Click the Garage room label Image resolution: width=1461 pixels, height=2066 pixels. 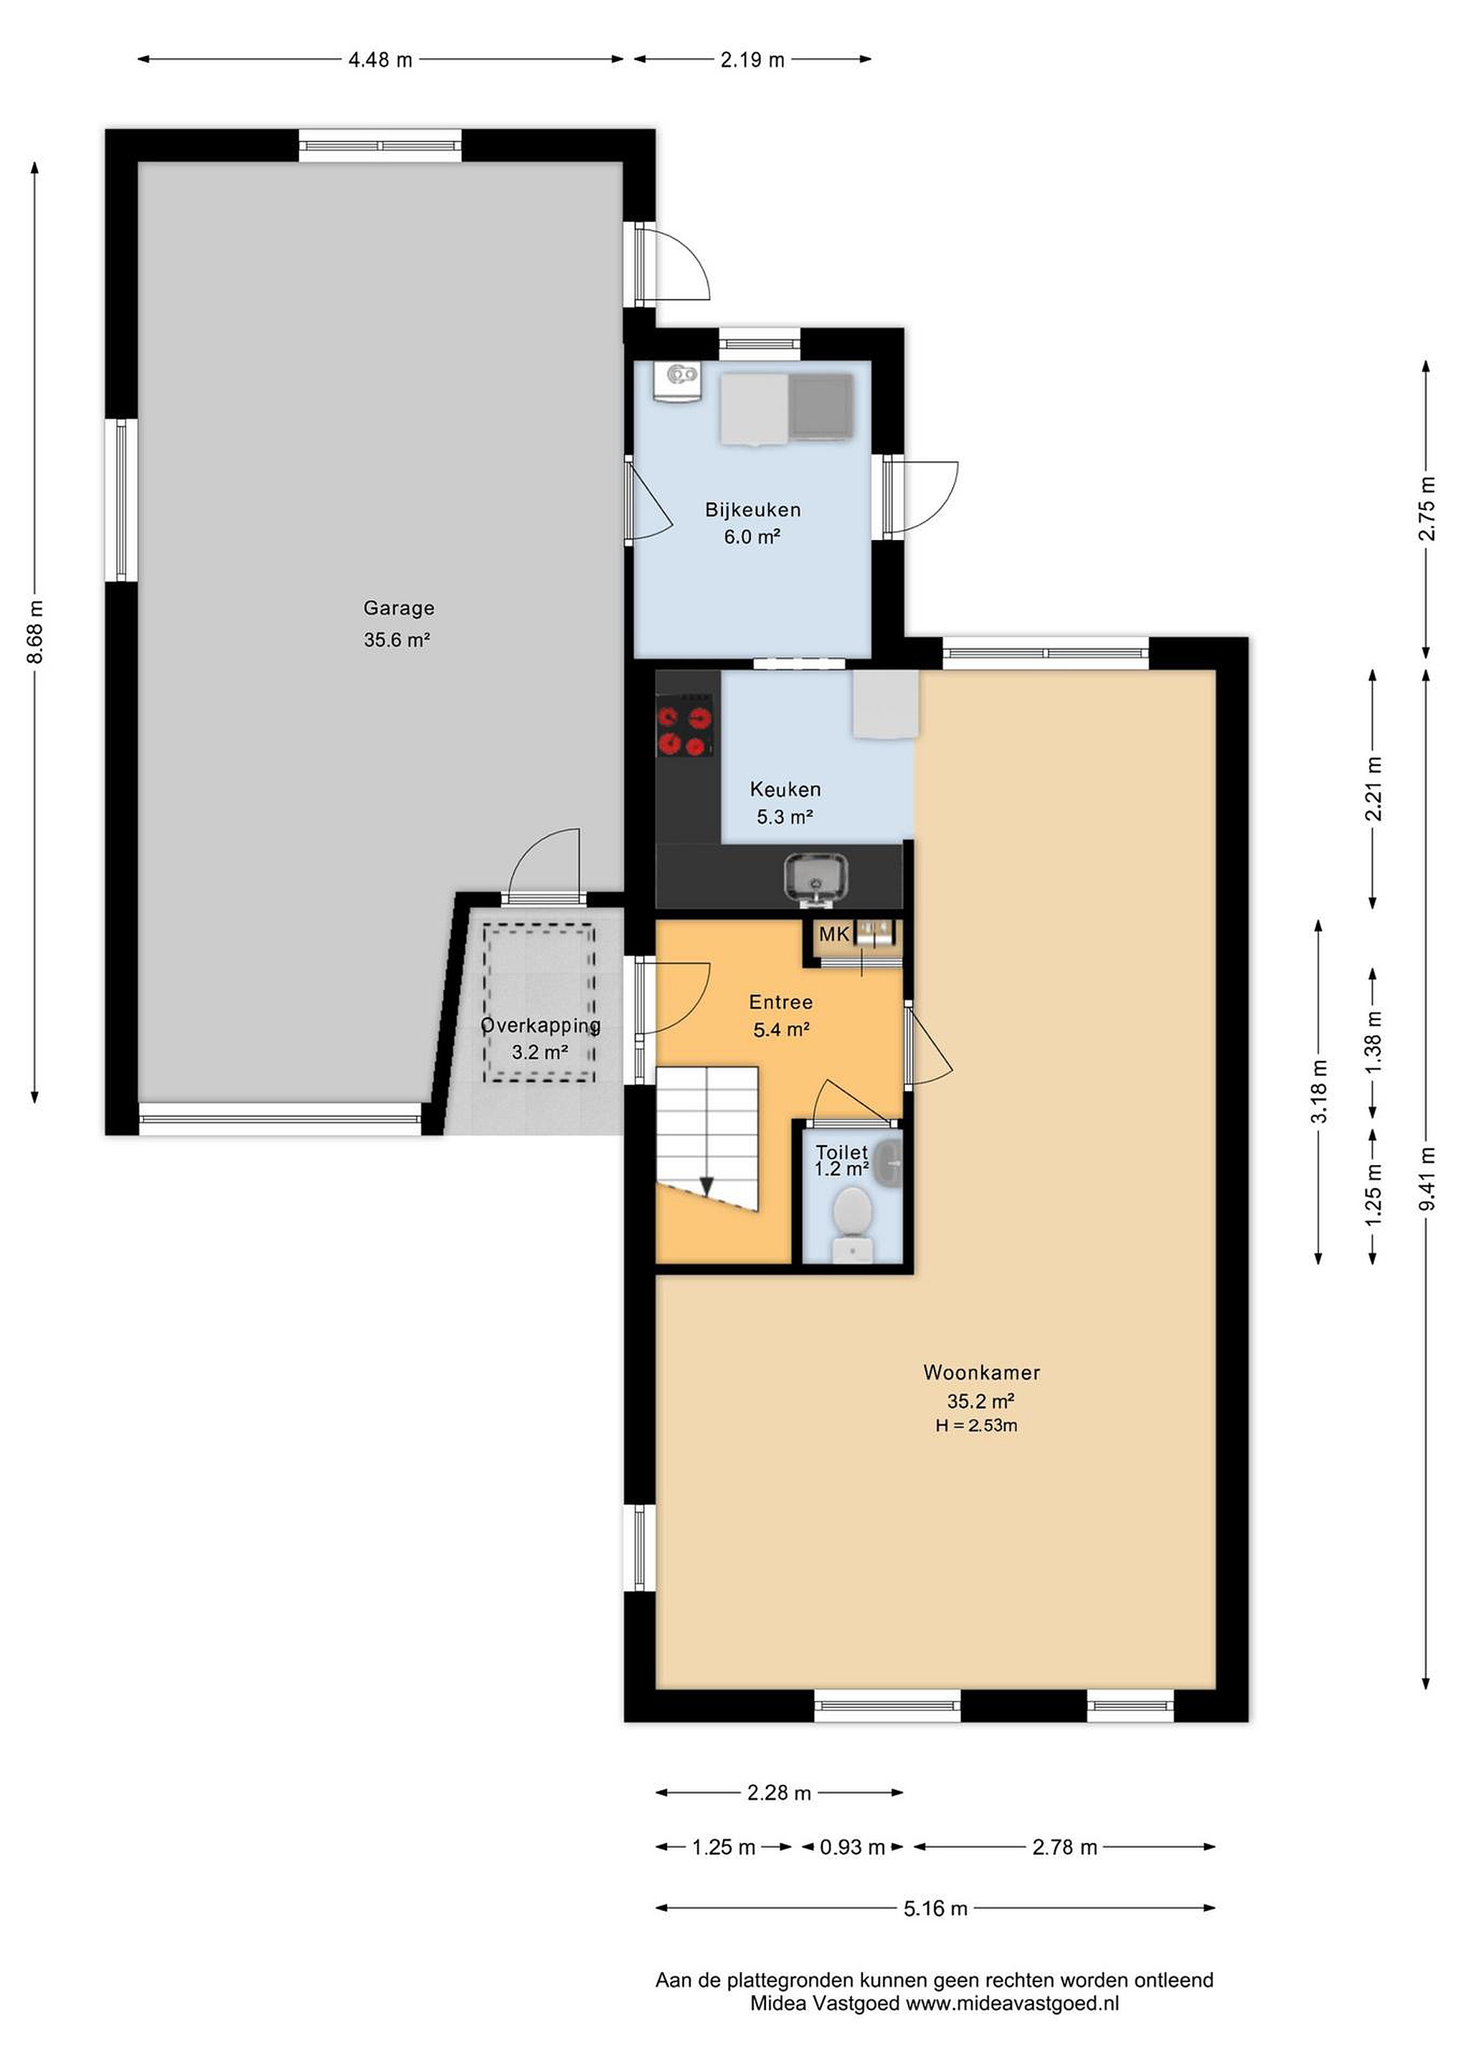pyautogui.click(x=399, y=608)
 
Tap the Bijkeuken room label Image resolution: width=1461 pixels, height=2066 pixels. pyautogui.click(x=752, y=509)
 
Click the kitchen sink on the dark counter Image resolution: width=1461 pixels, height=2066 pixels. pyautogui.click(x=815, y=877)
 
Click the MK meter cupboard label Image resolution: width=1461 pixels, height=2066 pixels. pyautogui.click(x=833, y=934)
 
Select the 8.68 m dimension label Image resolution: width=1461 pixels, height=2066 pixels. pyautogui.click(x=36, y=632)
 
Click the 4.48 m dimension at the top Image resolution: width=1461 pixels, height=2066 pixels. pyautogui.click(x=381, y=60)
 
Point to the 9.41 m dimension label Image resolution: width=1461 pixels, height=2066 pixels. pyautogui.click(x=1427, y=1179)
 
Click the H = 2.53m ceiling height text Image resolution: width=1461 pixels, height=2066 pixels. pyautogui.click(x=976, y=1425)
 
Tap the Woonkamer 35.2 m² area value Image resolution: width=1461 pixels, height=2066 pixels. pyautogui.click(x=980, y=1401)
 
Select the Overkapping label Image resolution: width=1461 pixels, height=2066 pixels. pyautogui.click(x=541, y=1025)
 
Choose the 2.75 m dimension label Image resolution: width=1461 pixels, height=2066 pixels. pyautogui.click(x=1427, y=509)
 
